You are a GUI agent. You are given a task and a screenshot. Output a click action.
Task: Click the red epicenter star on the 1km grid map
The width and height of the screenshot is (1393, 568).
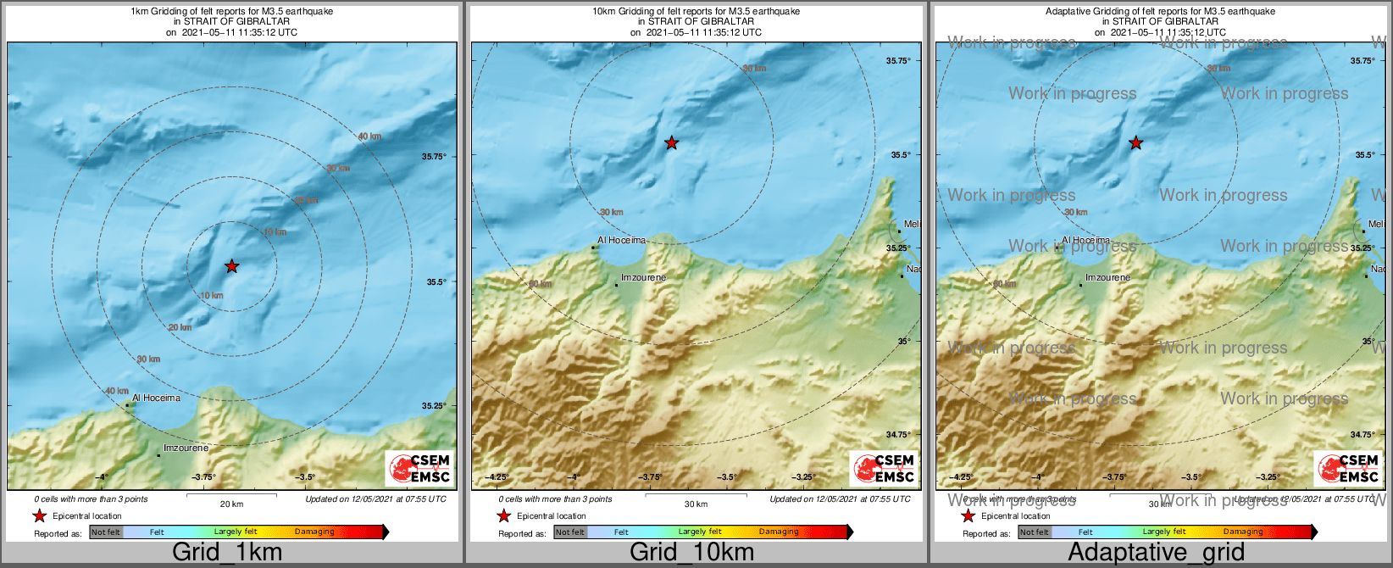[231, 266]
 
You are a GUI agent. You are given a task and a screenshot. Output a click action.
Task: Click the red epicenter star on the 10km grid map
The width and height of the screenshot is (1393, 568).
[671, 143]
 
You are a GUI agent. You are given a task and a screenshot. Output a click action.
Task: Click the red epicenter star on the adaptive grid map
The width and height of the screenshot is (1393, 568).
[1135, 143]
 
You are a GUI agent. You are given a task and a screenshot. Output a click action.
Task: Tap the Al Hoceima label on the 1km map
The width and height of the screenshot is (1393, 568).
[156, 398]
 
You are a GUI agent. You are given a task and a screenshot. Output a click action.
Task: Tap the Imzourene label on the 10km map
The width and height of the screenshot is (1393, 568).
[643, 278]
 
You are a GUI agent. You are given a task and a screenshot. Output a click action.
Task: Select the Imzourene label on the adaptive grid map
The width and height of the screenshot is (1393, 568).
[1107, 278]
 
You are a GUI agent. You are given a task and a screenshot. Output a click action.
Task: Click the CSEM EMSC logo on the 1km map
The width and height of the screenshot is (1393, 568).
[419, 468]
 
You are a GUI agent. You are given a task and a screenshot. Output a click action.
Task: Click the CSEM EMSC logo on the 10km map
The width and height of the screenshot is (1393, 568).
[883, 468]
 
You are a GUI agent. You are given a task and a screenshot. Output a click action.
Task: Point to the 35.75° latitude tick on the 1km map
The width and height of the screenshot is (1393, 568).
[434, 157]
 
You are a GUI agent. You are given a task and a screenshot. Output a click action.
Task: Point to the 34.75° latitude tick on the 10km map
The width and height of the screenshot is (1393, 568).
[898, 435]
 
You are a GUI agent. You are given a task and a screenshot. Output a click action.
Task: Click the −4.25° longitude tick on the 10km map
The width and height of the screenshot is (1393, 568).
[497, 477]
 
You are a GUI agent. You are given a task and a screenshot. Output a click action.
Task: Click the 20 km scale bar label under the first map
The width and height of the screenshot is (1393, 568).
[231, 504]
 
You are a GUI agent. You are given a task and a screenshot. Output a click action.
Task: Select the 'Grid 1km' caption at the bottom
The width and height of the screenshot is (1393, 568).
[227, 553]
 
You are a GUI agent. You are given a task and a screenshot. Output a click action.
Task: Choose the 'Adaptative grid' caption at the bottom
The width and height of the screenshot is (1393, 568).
[1156, 553]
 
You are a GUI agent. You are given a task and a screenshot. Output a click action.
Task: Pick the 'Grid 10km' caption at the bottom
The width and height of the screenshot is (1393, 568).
[691, 553]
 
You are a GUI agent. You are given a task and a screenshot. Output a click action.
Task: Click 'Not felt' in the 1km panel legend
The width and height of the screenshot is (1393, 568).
[106, 532]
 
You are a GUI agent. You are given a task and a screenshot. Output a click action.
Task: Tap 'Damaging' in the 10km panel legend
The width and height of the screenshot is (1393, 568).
[779, 532]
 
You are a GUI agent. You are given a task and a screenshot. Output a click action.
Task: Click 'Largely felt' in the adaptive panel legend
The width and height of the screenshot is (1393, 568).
[1164, 532]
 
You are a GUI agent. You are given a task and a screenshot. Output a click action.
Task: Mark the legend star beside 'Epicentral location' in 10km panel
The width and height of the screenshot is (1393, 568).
[503, 516]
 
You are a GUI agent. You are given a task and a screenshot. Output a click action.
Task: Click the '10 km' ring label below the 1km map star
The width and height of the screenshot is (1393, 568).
[212, 296]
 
